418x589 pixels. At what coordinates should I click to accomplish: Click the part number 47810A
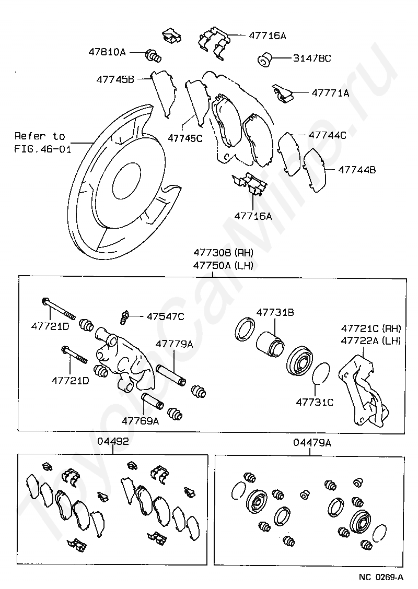tap(107, 52)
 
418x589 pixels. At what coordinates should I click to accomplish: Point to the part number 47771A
tap(330, 93)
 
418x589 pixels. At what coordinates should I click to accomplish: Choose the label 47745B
tap(115, 79)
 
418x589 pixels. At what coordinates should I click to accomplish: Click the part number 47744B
tap(357, 170)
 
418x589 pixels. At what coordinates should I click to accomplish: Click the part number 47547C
tap(165, 316)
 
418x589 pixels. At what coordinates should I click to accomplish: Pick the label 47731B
tap(274, 312)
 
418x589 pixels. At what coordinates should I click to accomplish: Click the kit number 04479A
tap(312, 443)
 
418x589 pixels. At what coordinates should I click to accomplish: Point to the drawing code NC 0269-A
tap(381, 577)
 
